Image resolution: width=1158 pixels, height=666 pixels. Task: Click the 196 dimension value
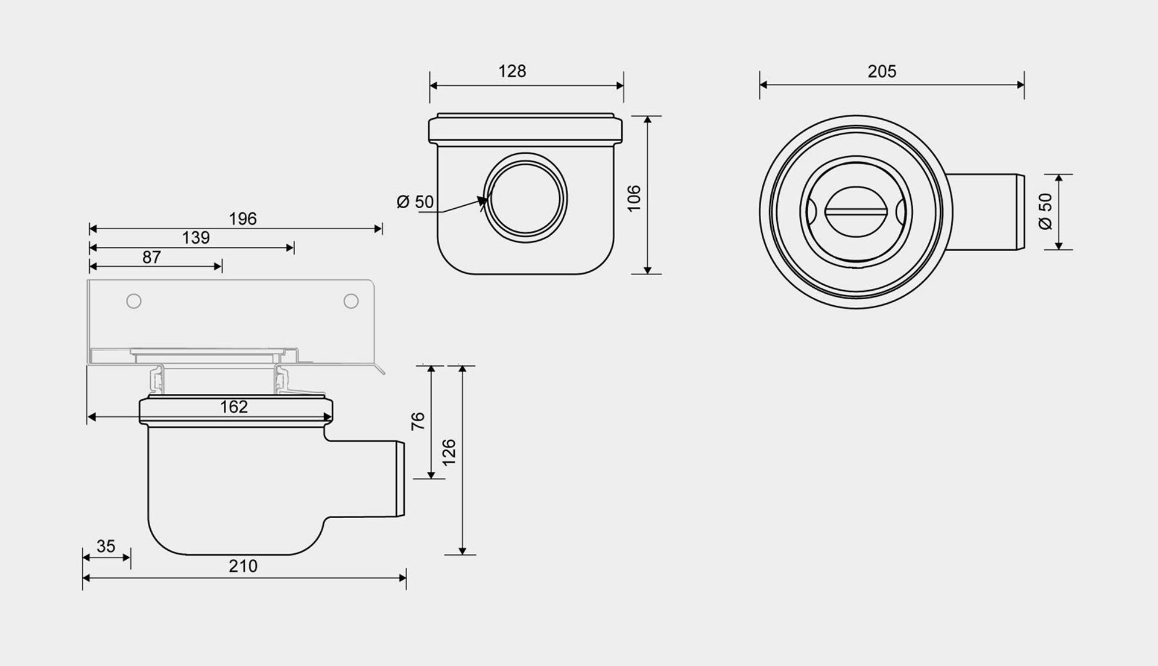pos(242,218)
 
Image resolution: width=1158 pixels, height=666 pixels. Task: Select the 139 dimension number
pos(196,238)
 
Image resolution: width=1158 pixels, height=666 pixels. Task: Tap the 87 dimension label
pos(151,258)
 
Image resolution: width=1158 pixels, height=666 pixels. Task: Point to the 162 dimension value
pos(233,407)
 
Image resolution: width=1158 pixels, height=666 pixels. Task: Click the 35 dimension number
pos(106,547)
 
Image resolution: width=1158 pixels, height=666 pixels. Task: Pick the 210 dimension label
pos(243,566)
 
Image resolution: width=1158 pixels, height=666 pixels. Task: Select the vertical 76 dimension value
pos(418,421)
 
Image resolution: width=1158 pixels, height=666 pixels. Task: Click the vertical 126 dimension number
pos(449,452)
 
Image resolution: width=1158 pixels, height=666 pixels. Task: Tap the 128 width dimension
pos(512,71)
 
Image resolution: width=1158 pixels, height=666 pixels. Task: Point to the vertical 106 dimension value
pos(634,198)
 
